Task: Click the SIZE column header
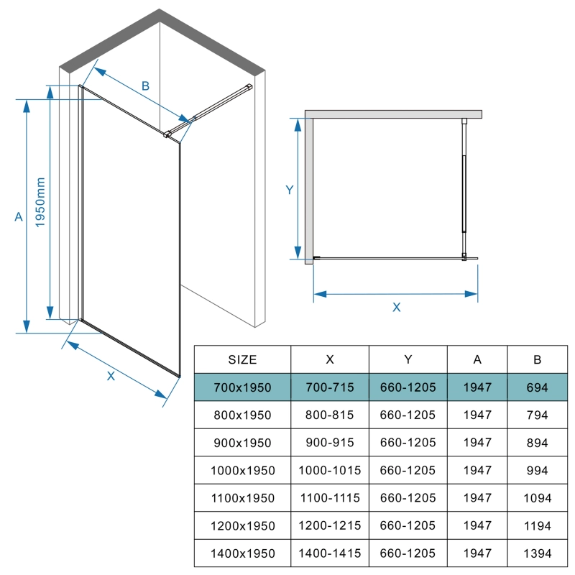pos(242,359)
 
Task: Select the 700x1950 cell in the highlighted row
pos(242,387)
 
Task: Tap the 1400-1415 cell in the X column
pos(330,553)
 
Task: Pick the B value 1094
pos(537,498)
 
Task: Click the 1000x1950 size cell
pos(242,470)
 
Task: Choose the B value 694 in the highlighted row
pos(537,387)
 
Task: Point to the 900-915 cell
pos(330,442)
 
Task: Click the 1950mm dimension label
pos(40,202)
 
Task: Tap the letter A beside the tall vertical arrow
pos(19,217)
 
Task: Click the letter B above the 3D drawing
pos(146,86)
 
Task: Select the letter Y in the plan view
pos(290,190)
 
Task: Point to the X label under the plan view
pos(397,307)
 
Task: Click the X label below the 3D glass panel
pos(111,376)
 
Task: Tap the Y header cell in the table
pos(408,359)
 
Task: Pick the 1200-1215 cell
pos(330,525)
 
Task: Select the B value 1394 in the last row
pos(537,553)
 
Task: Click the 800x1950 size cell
pos(242,415)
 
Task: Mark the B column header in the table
pos(537,359)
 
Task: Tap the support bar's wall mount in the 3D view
pos(249,87)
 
